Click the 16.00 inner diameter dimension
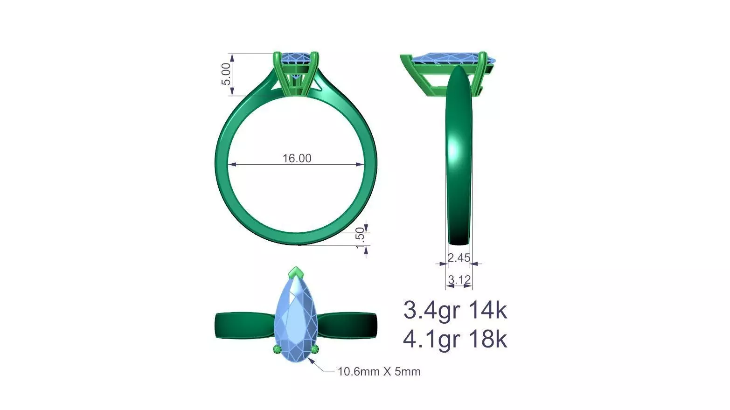(x=297, y=158)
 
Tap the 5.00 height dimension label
(x=226, y=74)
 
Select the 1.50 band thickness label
(x=360, y=238)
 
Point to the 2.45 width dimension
(x=459, y=257)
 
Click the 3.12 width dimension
(x=459, y=280)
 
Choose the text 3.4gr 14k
(x=454, y=310)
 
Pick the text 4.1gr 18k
(x=454, y=340)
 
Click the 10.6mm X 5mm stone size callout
(x=379, y=372)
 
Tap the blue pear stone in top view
(x=297, y=322)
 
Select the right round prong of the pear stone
(x=315, y=350)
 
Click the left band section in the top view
(x=245, y=324)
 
